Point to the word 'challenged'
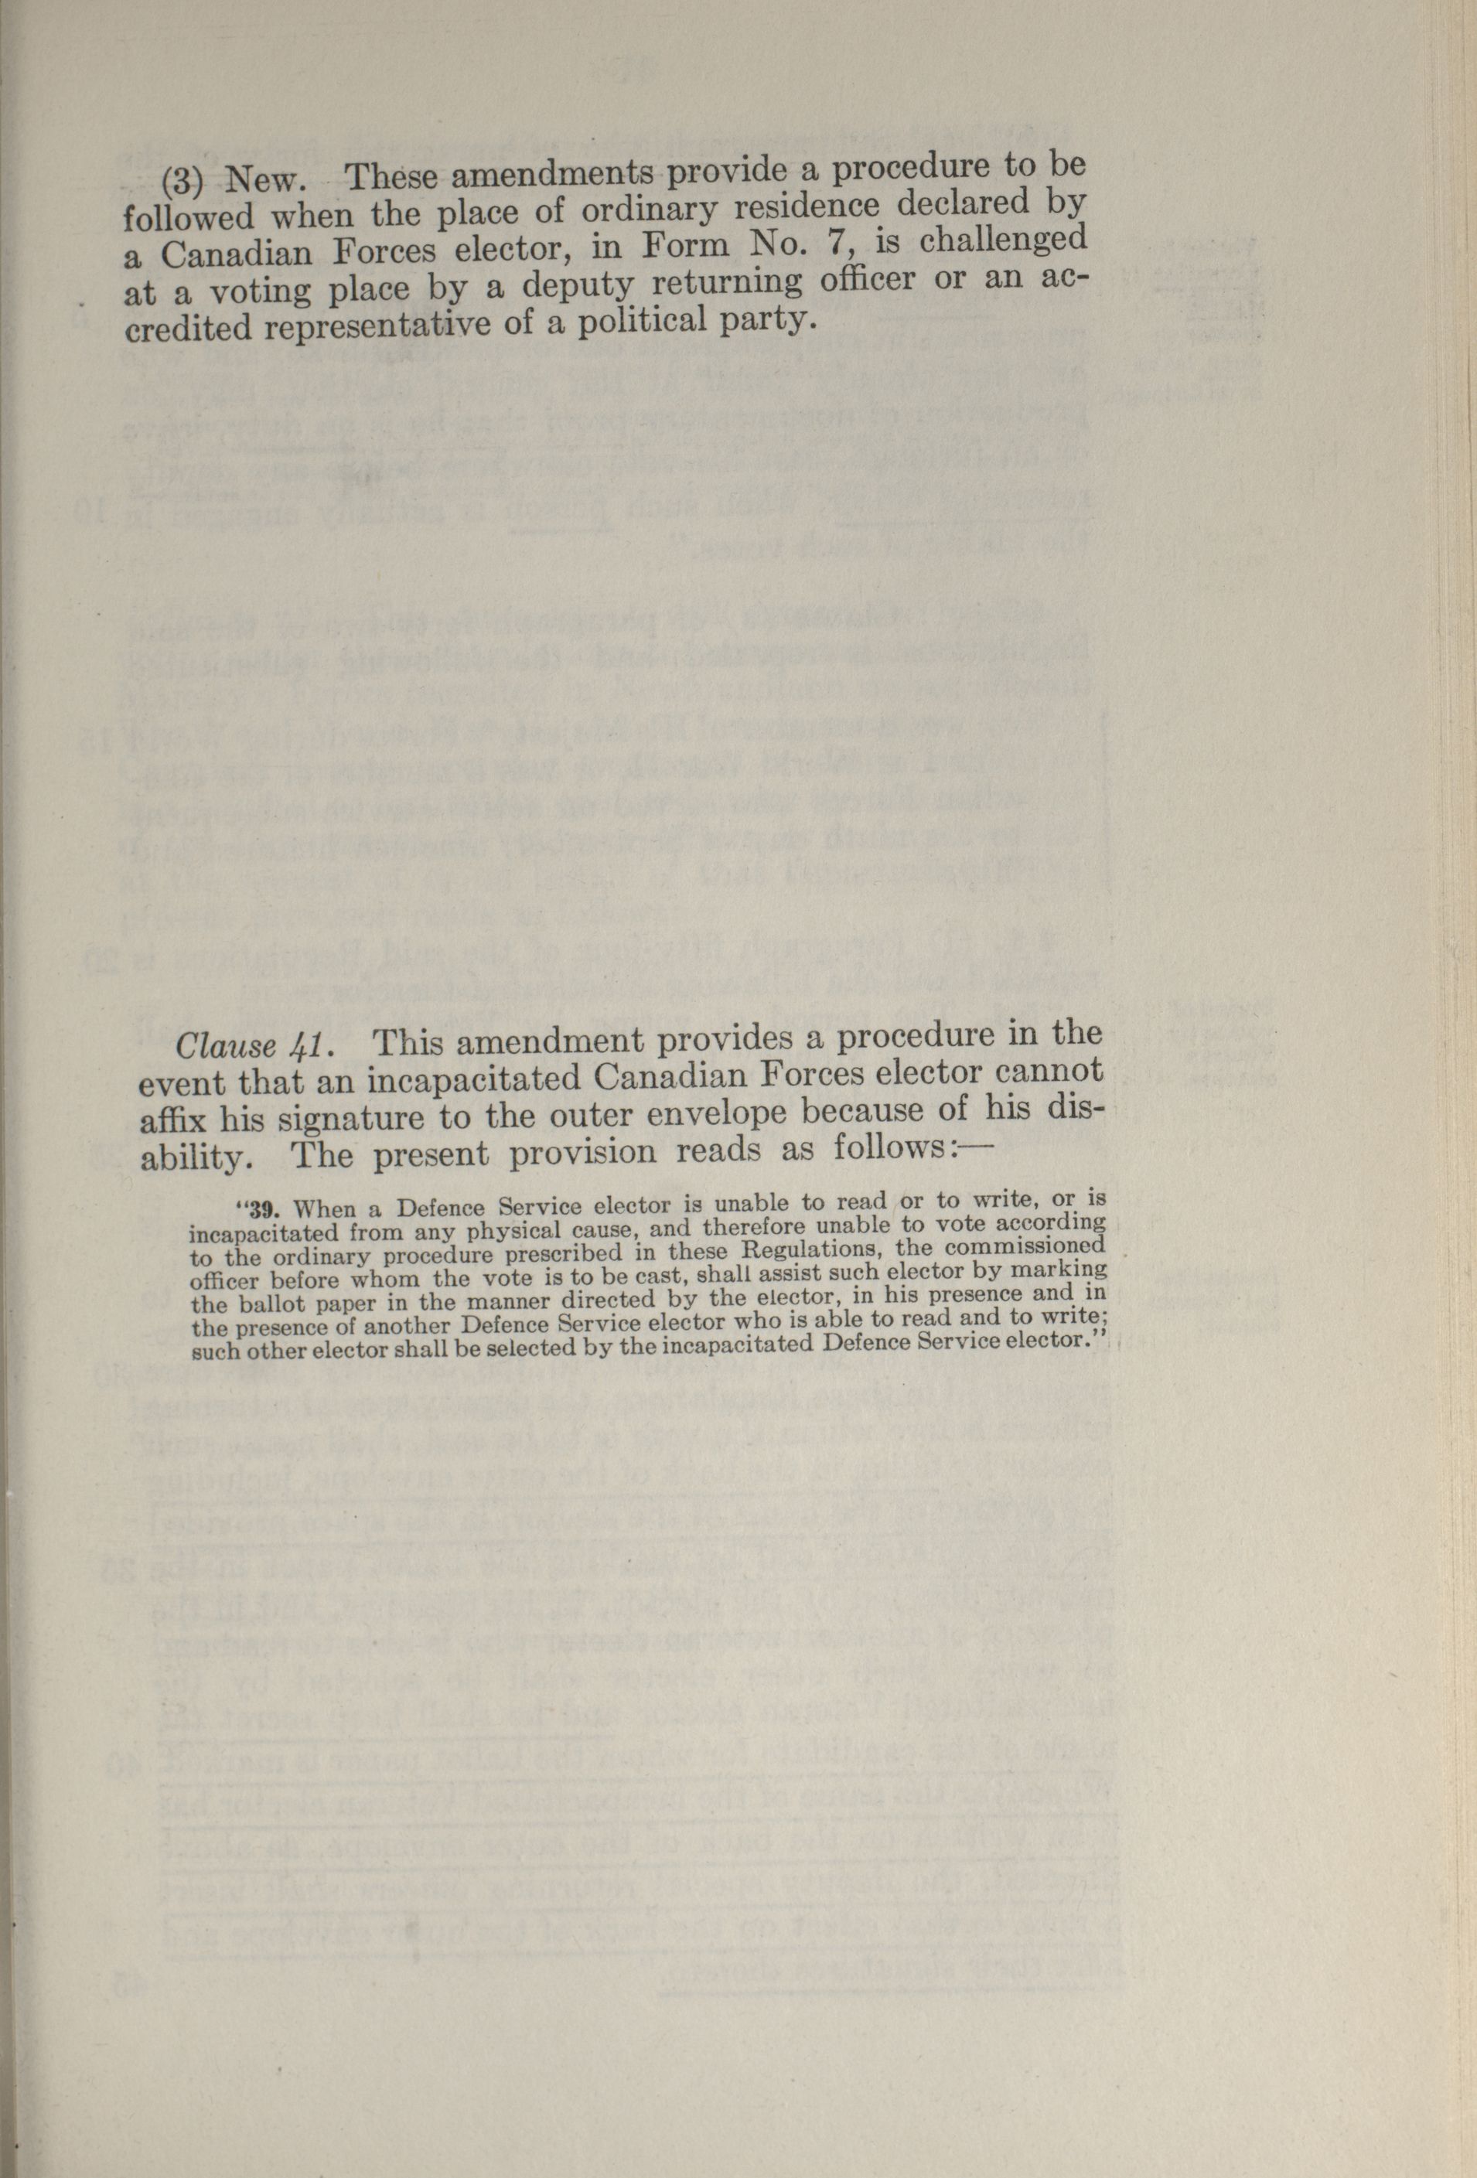tap(1003, 242)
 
